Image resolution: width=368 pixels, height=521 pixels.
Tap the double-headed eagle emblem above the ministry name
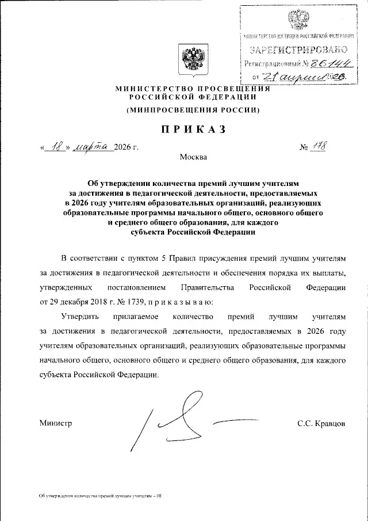[192, 59]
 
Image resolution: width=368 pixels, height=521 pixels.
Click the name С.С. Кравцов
[321, 423]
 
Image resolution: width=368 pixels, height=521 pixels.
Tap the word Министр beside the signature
[56, 423]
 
